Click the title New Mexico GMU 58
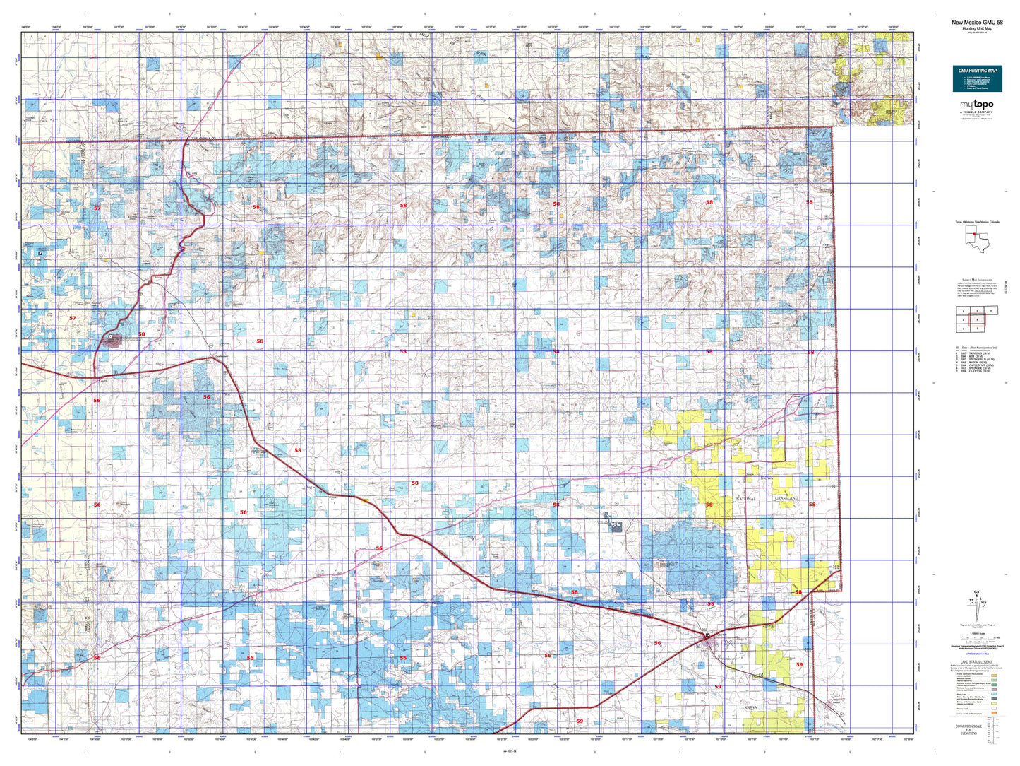(x=976, y=23)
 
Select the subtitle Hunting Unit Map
(x=976, y=28)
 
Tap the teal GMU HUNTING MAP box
(x=976, y=78)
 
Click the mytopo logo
(x=976, y=105)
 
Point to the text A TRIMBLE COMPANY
(x=976, y=112)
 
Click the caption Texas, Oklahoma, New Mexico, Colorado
(x=976, y=222)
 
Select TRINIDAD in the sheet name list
(x=978, y=353)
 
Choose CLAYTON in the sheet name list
(x=978, y=371)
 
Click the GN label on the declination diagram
(x=976, y=592)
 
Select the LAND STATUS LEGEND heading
(x=976, y=663)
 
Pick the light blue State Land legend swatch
(x=993, y=694)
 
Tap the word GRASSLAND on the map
(x=786, y=498)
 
